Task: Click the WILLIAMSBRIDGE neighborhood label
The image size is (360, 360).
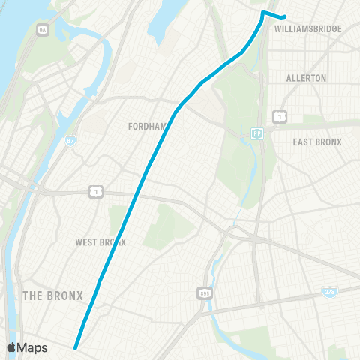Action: [x=308, y=28]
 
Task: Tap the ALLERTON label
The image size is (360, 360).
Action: [x=307, y=78]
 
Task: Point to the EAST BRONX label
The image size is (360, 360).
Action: [x=317, y=142]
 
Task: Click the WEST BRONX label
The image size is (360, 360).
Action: [x=100, y=242]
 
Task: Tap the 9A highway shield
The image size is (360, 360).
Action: [x=42, y=29]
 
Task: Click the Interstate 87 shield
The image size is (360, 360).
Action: [x=70, y=140]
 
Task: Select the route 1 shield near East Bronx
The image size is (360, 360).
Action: [x=278, y=116]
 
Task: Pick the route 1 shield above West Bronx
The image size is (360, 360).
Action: [x=96, y=192]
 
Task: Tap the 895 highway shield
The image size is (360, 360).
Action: [x=205, y=292]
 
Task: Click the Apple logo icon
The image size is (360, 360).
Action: [x=12, y=347]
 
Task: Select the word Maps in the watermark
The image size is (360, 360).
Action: [x=33, y=347]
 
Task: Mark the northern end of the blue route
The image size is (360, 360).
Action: [x=285, y=18]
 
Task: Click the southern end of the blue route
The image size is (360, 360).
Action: [x=75, y=346]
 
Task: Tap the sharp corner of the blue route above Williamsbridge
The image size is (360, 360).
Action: [x=262, y=12]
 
